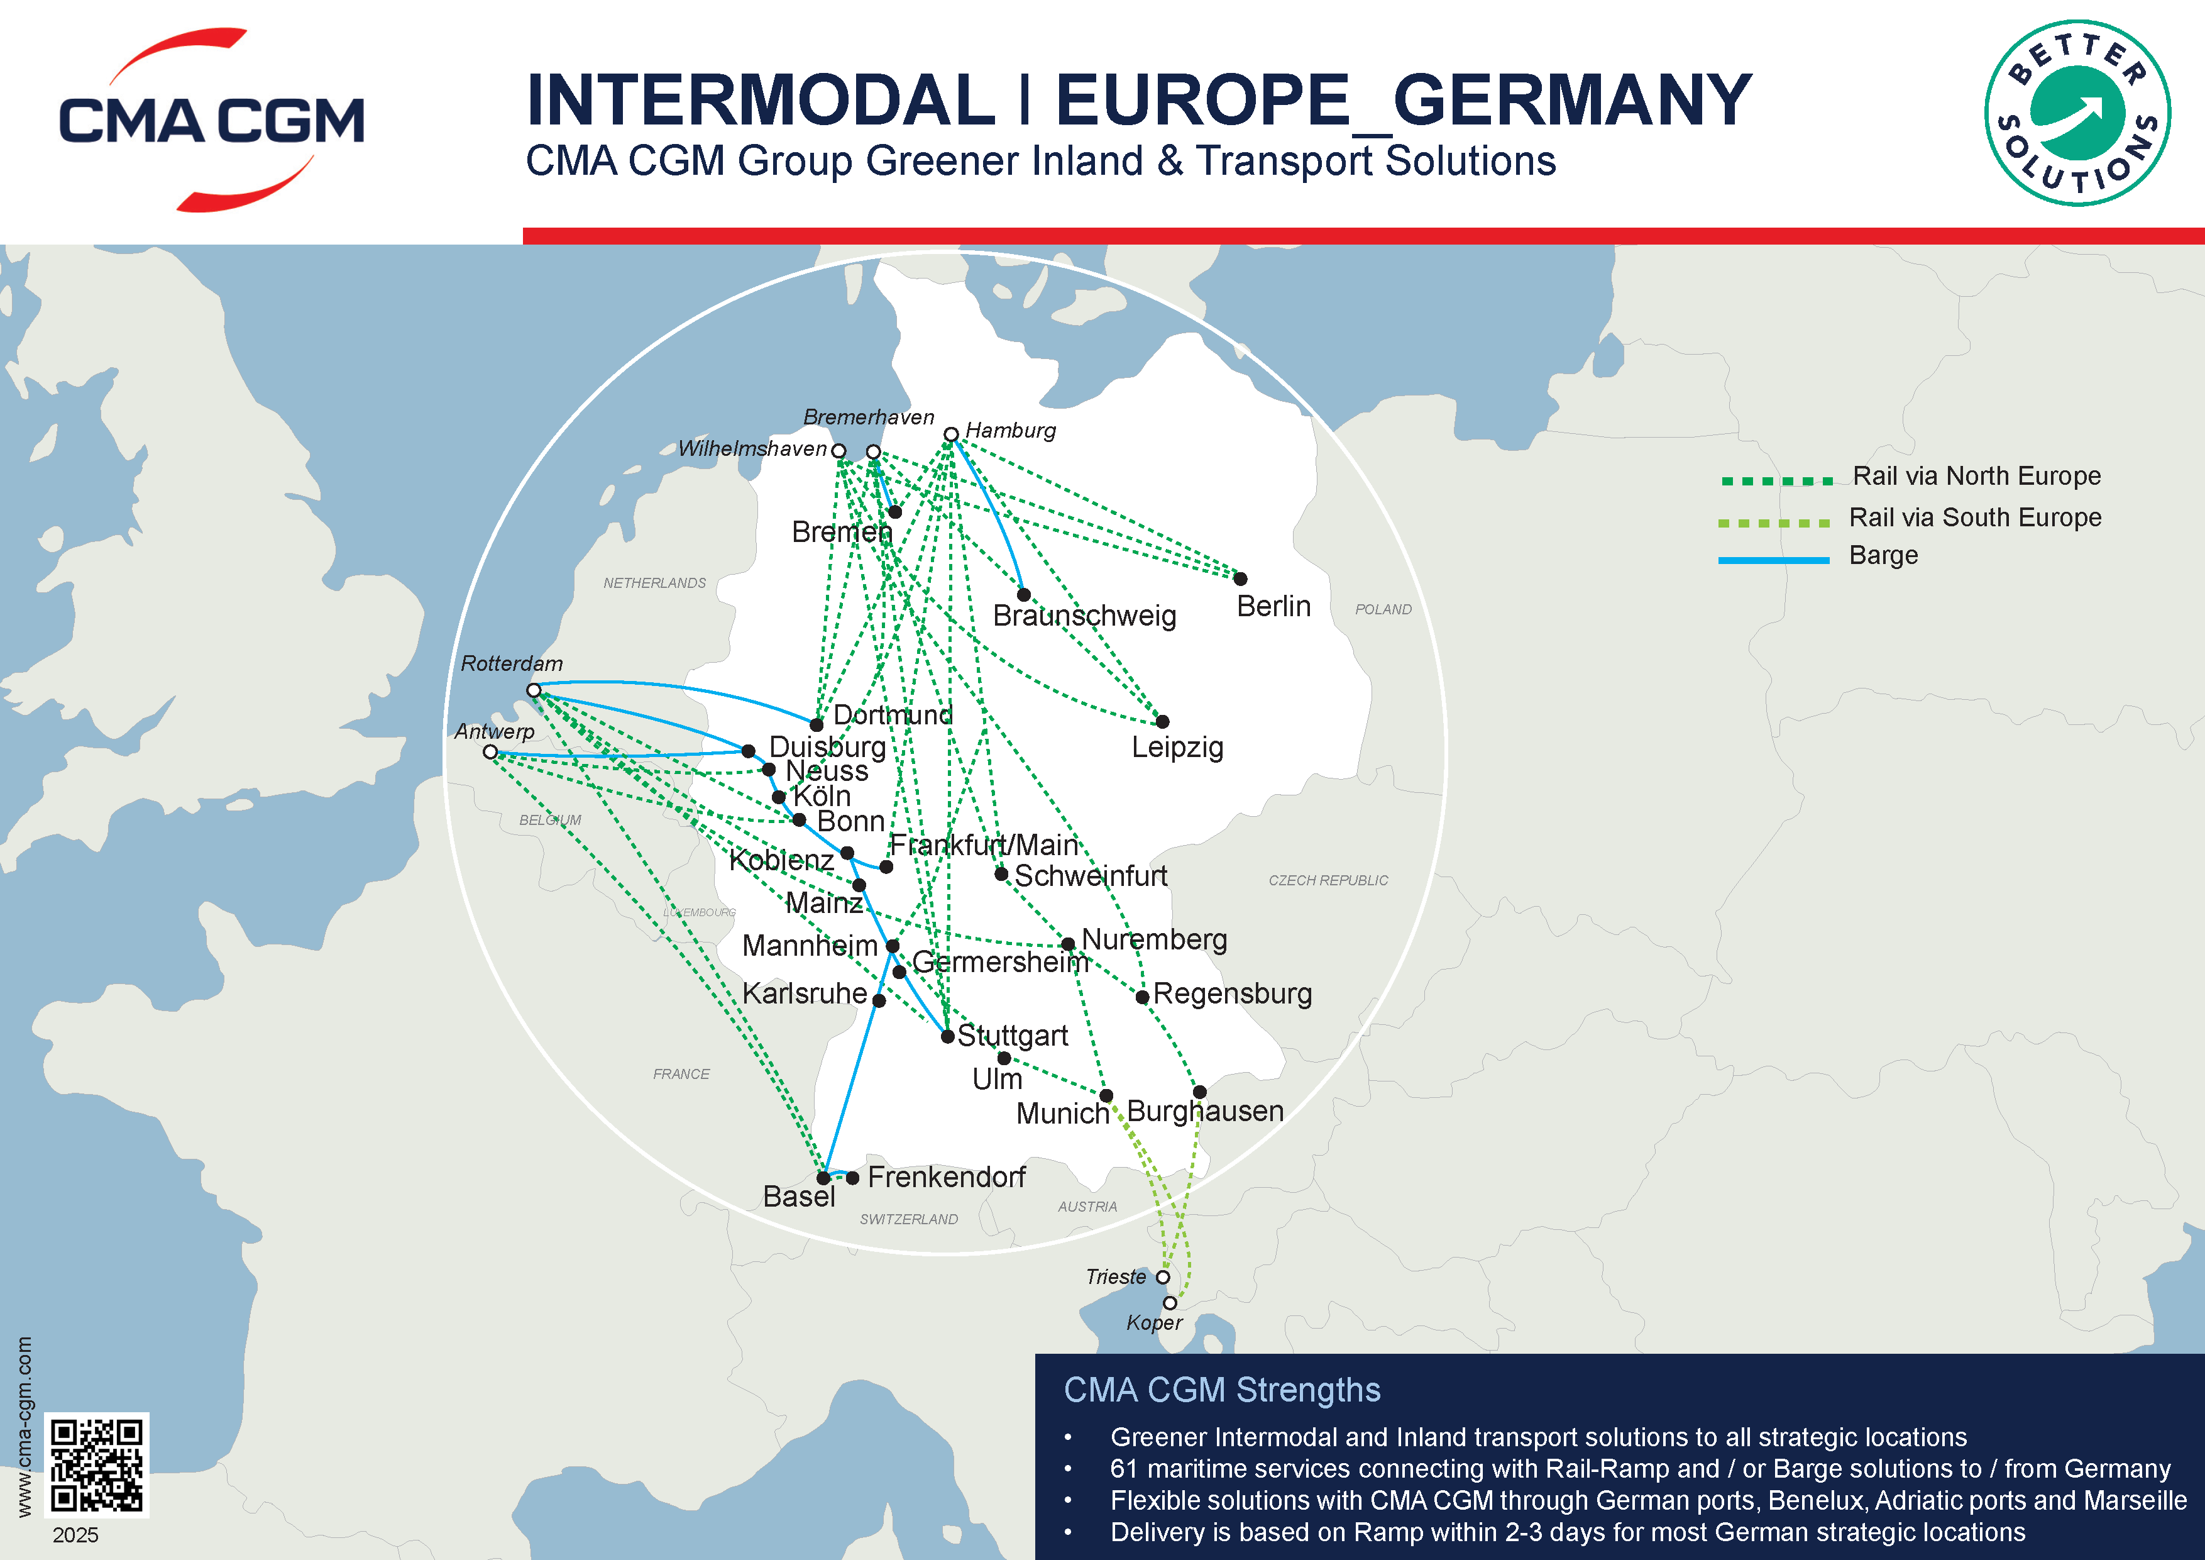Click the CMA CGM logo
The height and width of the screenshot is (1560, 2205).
coord(211,120)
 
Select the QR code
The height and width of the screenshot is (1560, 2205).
coord(97,1464)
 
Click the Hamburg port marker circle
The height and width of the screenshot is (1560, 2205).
coord(951,434)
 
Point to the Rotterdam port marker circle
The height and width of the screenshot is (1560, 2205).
coord(534,690)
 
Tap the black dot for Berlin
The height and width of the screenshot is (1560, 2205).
coord(1241,579)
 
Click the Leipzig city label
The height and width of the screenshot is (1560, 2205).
coord(1177,748)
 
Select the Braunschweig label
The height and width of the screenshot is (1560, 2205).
coord(1084,616)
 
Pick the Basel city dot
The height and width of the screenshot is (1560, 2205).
coord(823,1178)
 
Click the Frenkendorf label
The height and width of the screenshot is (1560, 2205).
coord(946,1176)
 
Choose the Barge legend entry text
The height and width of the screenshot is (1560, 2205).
coord(1883,555)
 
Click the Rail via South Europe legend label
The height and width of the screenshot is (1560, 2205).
coord(1976,517)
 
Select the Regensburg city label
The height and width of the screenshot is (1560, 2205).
coord(1232,993)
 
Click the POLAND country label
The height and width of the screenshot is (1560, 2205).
coord(1383,609)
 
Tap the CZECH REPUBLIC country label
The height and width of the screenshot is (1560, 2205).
coord(1328,880)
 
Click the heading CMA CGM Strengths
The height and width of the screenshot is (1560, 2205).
coord(1221,1390)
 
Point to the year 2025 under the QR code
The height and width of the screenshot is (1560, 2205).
coord(76,1535)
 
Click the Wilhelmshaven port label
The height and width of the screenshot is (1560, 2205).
coord(752,448)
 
